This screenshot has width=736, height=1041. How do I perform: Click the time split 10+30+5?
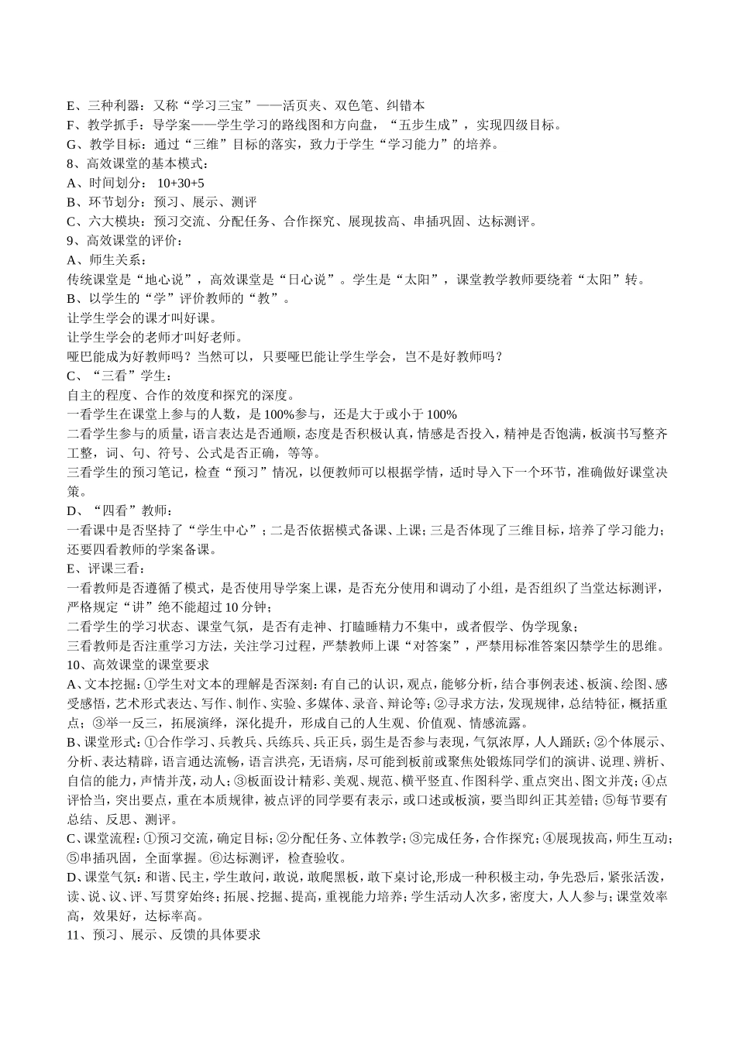[x=181, y=183]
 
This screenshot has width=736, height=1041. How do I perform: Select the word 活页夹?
[x=303, y=105]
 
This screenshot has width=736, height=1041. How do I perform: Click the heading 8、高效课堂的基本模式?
[x=138, y=163]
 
